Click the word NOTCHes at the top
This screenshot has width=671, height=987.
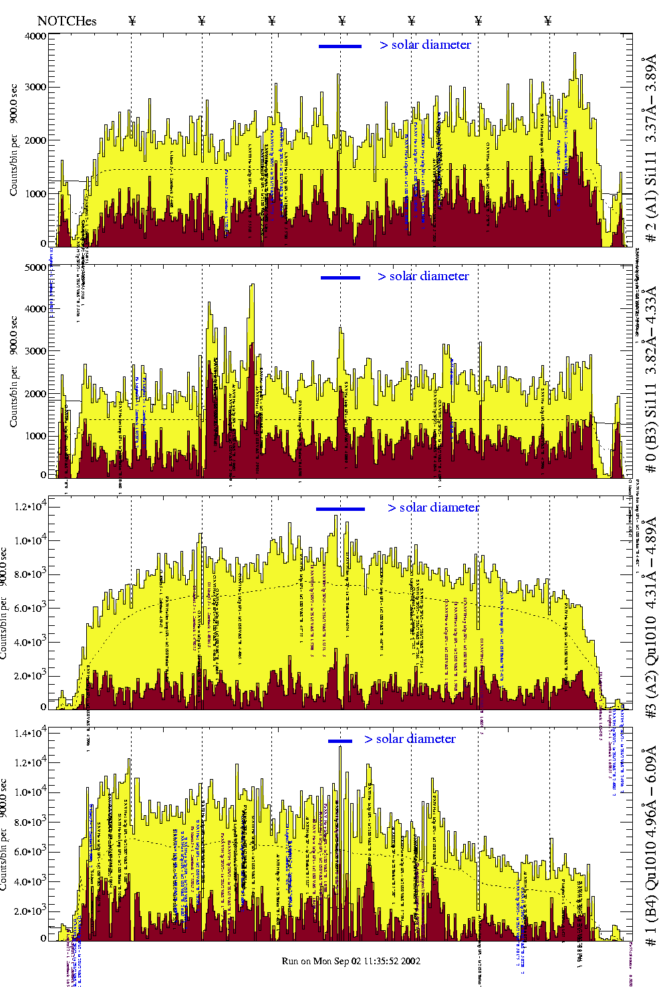pyautogui.click(x=67, y=21)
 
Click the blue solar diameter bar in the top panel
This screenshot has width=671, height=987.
pyautogui.click(x=340, y=46)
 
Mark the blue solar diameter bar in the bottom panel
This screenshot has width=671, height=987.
pyautogui.click(x=340, y=741)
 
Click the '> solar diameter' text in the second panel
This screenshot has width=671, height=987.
pyautogui.click(x=423, y=276)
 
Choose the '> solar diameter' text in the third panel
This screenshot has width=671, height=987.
pyautogui.click(x=433, y=508)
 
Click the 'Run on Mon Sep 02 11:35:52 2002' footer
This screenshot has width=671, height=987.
pyautogui.click(x=351, y=961)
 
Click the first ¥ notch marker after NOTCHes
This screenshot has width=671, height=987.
pyautogui.click(x=132, y=21)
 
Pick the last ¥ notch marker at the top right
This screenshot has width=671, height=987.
pyautogui.click(x=548, y=21)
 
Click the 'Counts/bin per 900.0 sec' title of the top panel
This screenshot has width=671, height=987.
pyautogui.click(x=14, y=140)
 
